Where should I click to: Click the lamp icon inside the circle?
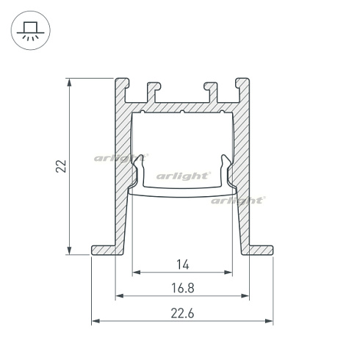[29, 30]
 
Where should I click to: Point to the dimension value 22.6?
[181, 312]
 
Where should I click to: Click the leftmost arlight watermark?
[121, 157]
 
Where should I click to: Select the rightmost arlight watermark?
[237, 200]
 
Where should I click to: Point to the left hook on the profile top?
[154, 90]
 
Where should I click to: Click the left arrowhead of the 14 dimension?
[135, 273]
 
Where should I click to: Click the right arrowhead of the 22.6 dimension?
[268, 321]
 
